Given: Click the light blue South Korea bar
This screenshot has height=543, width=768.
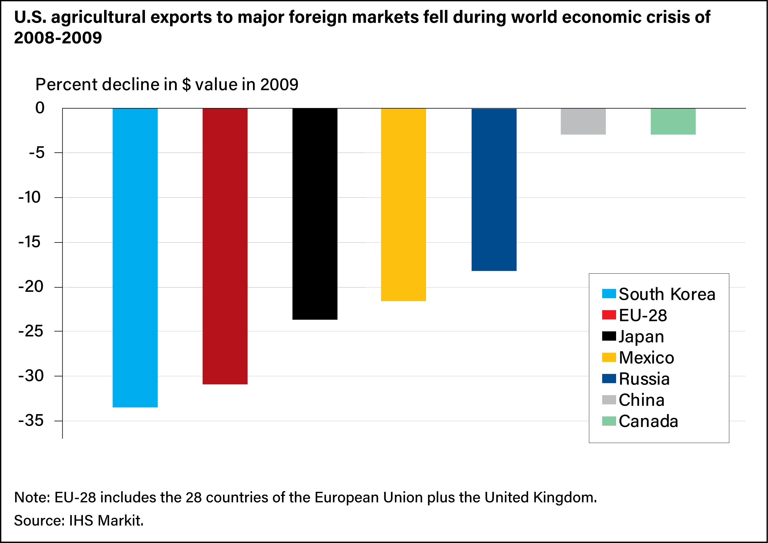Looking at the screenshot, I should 135,258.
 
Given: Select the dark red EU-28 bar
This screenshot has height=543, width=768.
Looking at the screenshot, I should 225,246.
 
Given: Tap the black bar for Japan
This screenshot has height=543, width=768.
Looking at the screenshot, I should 315,214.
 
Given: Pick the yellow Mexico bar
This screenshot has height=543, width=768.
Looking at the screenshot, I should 403,205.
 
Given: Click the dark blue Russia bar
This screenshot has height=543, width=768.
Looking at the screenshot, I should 494,190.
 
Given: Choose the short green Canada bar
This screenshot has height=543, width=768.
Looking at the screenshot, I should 673,121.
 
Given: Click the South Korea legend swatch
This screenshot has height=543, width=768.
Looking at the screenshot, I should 609,294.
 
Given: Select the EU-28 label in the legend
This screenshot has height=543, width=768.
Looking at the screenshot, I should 642,315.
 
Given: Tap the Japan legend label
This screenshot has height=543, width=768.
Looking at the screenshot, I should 641,337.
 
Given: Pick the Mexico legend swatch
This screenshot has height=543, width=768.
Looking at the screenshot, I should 609,357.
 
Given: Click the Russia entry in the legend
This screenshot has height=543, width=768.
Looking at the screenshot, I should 644,379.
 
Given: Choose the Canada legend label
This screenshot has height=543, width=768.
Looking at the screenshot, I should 648,421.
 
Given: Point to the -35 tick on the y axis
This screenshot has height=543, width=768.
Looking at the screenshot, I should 31,421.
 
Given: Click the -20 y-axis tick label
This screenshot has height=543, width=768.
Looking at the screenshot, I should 31,287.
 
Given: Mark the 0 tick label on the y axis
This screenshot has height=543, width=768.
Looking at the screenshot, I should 40,108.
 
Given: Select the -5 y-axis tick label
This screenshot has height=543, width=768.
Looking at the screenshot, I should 37,152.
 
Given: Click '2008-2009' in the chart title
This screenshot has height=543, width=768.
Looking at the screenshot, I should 58,37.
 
